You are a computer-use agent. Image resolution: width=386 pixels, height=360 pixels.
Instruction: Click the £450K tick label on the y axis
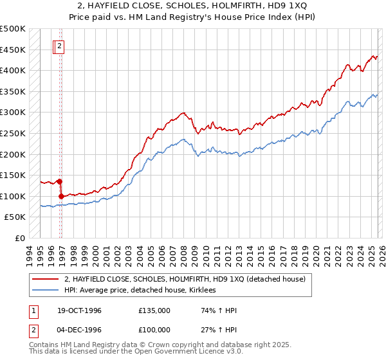tap(13, 50)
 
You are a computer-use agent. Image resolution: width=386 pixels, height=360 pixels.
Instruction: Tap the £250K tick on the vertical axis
tap(13, 134)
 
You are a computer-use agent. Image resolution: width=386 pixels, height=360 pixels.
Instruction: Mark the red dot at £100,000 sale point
tap(61, 196)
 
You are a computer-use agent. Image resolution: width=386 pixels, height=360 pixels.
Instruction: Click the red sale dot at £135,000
tap(59, 181)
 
